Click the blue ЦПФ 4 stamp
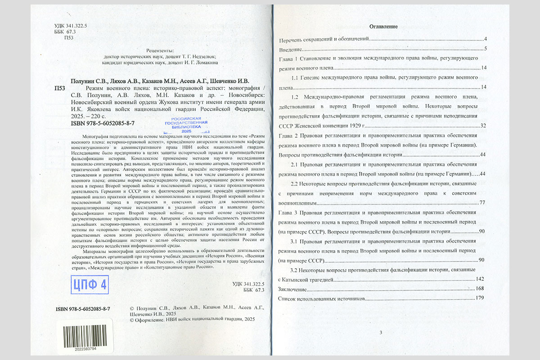tap(90, 284)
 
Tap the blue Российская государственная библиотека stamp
tap(186, 125)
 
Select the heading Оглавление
tap(383, 27)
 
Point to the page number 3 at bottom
tap(380, 333)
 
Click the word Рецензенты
tap(160, 51)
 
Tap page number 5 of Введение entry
tap(486, 49)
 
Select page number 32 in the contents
tap(483, 125)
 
